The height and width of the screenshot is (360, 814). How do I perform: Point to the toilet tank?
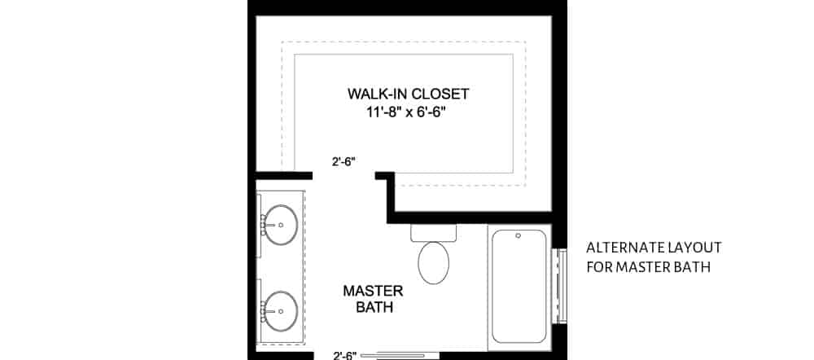(435, 232)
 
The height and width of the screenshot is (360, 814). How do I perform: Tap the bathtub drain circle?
(519, 238)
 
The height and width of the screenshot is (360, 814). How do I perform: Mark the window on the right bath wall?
(559, 286)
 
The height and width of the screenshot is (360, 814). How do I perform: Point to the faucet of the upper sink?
(264, 222)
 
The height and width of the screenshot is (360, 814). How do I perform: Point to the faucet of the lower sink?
(264, 310)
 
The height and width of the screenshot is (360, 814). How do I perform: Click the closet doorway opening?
(344, 175)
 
